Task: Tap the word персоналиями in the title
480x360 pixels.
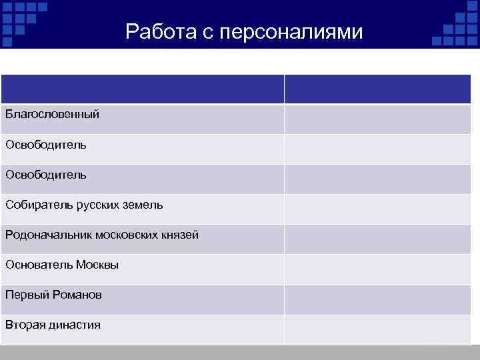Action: [286, 32]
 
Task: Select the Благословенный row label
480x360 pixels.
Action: [53, 115]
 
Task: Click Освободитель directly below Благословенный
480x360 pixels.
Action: [46, 144]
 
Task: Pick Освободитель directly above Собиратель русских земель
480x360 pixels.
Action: [46, 175]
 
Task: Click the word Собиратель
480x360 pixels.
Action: [35, 205]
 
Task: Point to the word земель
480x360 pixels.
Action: [145, 205]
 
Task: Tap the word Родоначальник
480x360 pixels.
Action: [47, 235]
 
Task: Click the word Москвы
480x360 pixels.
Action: [97, 265]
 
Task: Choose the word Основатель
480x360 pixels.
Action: [38, 265]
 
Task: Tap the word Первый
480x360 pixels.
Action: [25, 295]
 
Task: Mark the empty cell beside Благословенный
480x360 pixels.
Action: [377, 119]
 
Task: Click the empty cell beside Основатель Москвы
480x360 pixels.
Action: [377, 269]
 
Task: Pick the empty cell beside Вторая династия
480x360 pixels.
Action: [377, 329]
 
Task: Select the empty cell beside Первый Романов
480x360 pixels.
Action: [377, 299]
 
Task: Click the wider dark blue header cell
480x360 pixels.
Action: [143, 89]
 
